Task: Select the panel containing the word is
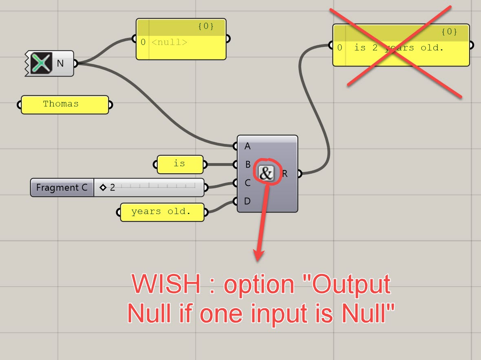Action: pyautogui.click(x=180, y=164)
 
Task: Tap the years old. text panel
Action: pyautogui.click(x=161, y=212)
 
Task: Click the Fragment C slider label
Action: pyautogui.click(x=62, y=188)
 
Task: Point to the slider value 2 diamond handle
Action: pyautogui.click(x=103, y=188)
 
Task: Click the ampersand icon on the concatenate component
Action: pyautogui.click(x=266, y=174)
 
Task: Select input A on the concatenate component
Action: pyautogui.click(x=247, y=146)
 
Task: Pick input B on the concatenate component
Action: pyautogui.click(x=247, y=165)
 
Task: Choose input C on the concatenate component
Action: pyautogui.click(x=247, y=183)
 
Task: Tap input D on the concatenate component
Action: pyautogui.click(x=247, y=201)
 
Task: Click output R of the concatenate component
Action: pyautogui.click(x=285, y=174)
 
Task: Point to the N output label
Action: pyautogui.click(x=60, y=63)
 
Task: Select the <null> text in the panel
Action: pyautogui.click(x=169, y=42)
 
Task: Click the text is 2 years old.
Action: pyautogui.click(x=398, y=48)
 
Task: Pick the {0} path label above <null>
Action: pyautogui.click(x=205, y=27)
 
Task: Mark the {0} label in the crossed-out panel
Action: pyautogui.click(x=449, y=32)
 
